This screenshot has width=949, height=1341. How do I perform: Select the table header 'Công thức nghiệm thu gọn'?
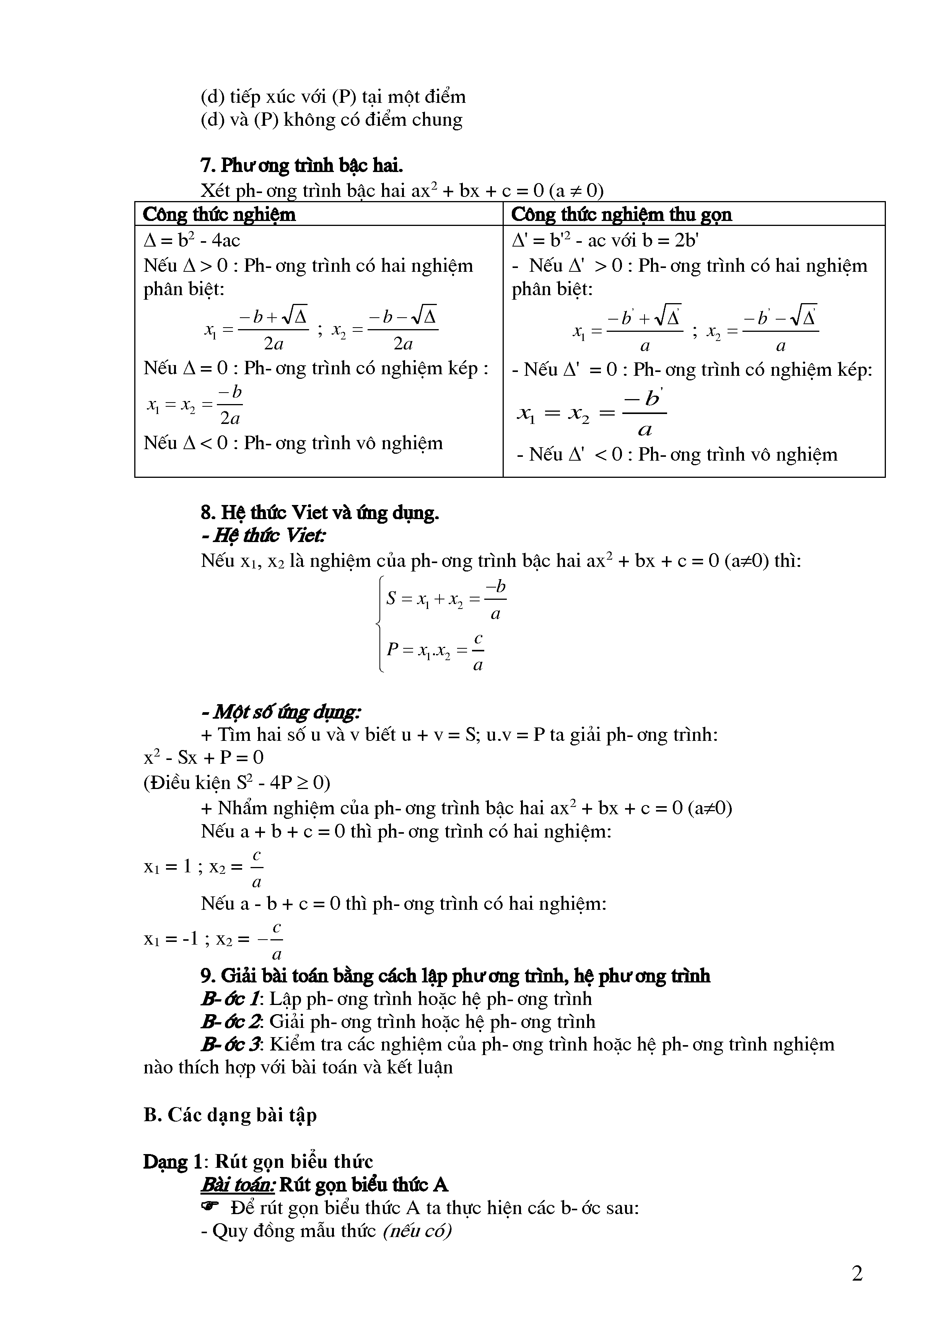coord(621,214)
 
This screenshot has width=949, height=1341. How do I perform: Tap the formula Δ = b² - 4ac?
coord(192,240)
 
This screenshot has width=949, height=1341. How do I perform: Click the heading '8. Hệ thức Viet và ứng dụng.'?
coord(320,512)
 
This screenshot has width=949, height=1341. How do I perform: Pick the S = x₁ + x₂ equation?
coord(446,599)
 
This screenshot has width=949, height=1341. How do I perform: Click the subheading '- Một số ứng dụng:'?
coord(280,712)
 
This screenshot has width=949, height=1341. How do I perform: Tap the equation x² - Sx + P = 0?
coord(203,758)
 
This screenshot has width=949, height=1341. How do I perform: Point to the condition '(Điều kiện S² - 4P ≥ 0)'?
coord(237,783)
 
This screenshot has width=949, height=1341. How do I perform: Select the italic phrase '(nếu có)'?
coord(417,1231)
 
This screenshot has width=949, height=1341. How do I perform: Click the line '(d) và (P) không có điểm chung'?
coord(331,120)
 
